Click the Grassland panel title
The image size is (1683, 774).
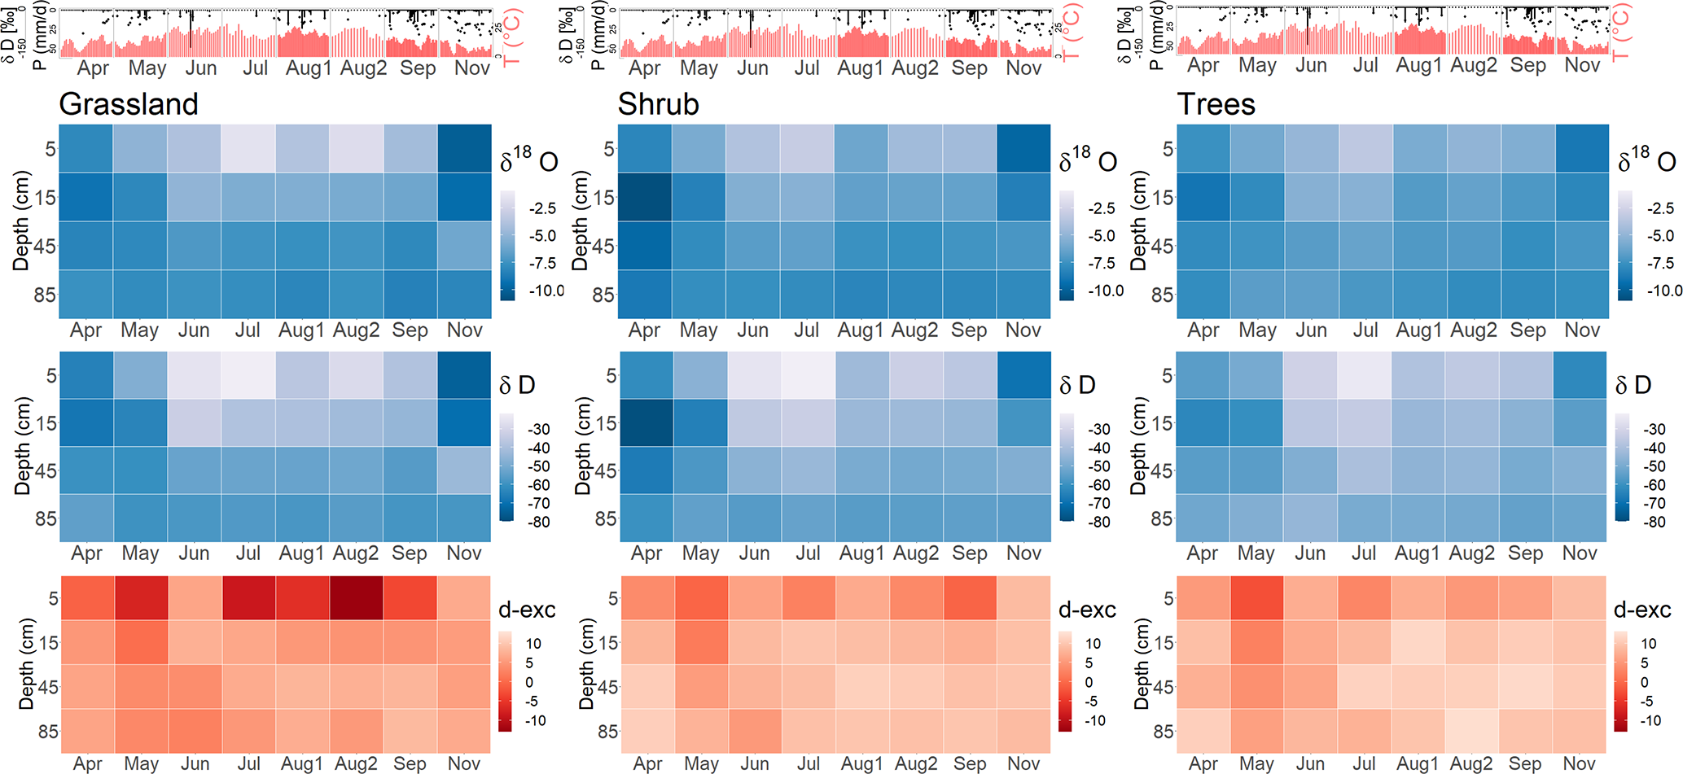pyautogui.click(x=129, y=104)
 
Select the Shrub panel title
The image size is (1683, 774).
pyautogui.click(x=658, y=104)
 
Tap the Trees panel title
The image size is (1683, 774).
pyautogui.click(x=1216, y=104)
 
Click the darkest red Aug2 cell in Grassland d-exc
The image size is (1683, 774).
pyautogui.click(x=357, y=597)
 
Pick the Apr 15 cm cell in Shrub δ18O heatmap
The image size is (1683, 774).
pyautogui.click(x=645, y=197)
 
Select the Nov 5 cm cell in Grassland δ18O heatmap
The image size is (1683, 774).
pyautogui.click(x=464, y=148)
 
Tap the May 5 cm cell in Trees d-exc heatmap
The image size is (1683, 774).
pyautogui.click(x=1256, y=597)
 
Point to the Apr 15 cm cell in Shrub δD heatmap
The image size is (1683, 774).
pyautogui.click(x=646, y=422)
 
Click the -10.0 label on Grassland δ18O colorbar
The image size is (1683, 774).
pyautogui.click(x=546, y=291)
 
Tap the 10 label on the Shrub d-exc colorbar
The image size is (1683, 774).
pyautogui.click(x=1093, y=644)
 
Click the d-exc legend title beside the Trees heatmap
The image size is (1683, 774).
pyautogui.click(x=1641, y=610)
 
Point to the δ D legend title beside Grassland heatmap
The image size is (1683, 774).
pyautogui.click(x=517, y=385)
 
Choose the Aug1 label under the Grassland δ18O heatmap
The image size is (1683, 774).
pyautogui.click(x=301, y=330)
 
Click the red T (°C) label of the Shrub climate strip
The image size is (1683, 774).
pyautogui.click(x=1072, y=33)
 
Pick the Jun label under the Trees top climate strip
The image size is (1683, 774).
pyautogui.click(x=1311, y=65)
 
